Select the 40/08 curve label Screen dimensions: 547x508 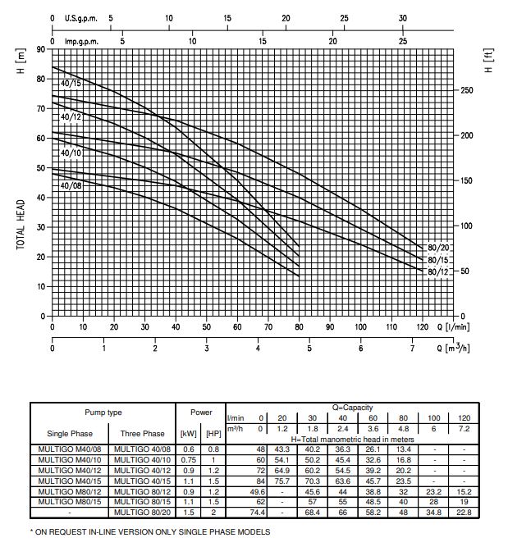[71, 186]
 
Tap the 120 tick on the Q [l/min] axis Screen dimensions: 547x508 [422, 326]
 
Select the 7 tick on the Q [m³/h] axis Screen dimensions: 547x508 [413, 348]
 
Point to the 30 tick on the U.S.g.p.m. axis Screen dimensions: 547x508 [402, 17]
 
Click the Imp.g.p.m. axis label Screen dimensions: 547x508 [82, 40]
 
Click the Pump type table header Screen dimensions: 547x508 [103, 413]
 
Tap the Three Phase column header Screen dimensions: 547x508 [141, 432]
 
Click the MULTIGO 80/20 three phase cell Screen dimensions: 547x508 [141, 513]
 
